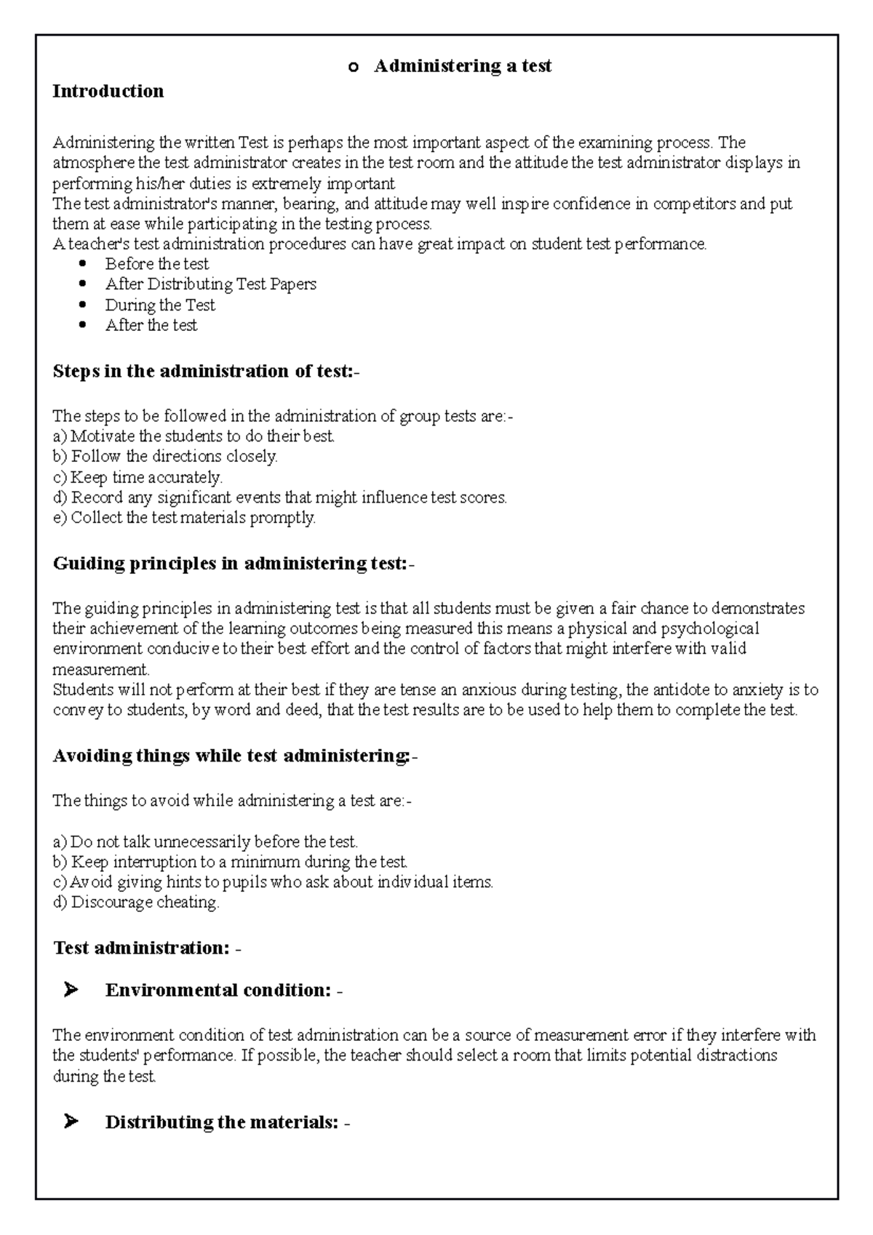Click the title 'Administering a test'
tap(462, 66)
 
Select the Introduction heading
tap(108, 91)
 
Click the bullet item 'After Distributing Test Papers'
tap(210, 284)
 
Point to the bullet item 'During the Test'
tap(160, 305)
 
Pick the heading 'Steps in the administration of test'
tap(205, 371)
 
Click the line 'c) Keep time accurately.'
tap(137, 477)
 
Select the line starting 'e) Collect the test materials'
tap(184, 518)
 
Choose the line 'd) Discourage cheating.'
tap(135, 902)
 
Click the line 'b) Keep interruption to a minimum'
tap(230, 861)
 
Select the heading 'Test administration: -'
tap(147, 948)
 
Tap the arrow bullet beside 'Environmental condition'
tap(71, 990)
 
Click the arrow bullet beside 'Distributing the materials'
tap(71, 1122)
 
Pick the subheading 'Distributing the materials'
tap(221, 1122)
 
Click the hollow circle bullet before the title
tap(354, 68)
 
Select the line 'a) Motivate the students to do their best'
tap(193, 436)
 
